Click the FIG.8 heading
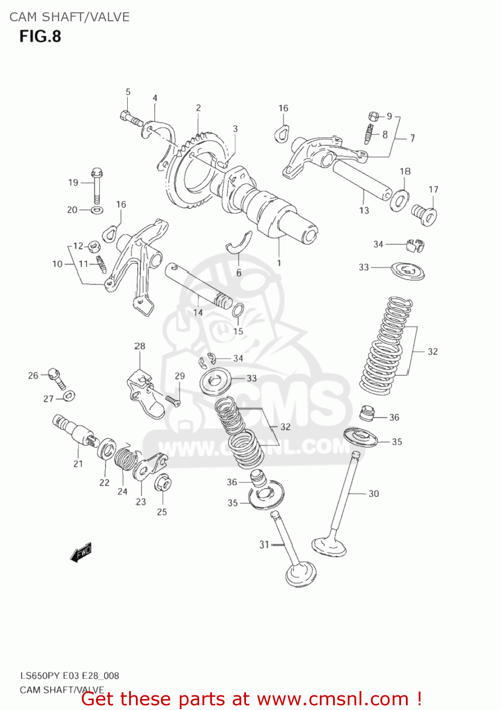(x=40, y=36)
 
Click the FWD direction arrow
(x=81, y=552)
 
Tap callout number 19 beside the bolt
(x=73, y=182)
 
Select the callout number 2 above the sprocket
(x=198, y=108)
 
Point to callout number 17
(x=433, y=189)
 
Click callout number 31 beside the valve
(x=264, y=544)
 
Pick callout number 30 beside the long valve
(x=374, y=494)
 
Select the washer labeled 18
(x=400, y=200)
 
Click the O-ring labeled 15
(x=238, y=311)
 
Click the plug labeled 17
(x=424, y=214)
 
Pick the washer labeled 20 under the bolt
(x=97, y=209)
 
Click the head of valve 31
(x=301, y=575)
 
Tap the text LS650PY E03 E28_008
(x=69, y=675)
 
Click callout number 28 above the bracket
(x=140, y=346)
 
